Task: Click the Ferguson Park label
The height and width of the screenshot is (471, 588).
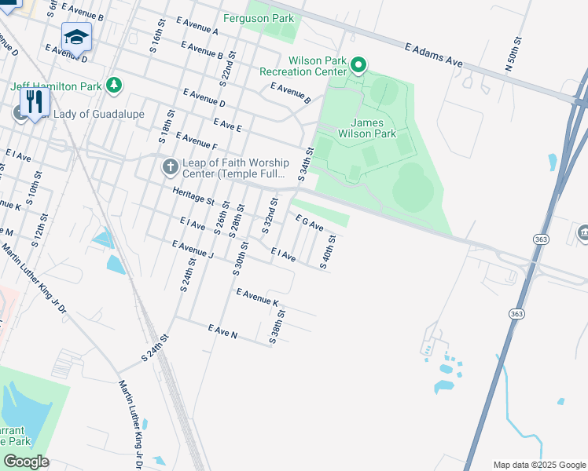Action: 269,18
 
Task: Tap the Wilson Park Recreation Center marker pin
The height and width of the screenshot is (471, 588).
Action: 358,64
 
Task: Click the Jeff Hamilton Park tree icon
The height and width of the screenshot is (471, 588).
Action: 114,84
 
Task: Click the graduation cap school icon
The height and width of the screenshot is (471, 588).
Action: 76,36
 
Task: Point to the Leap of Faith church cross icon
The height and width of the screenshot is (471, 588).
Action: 169,166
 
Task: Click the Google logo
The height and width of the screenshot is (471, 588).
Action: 26,462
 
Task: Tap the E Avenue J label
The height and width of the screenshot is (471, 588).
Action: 193,249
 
